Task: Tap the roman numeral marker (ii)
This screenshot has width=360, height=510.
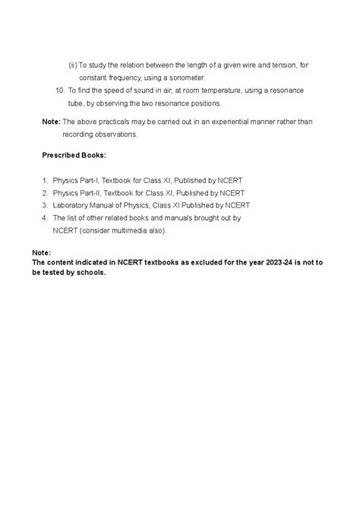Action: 73,65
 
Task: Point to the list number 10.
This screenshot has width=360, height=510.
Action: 61,90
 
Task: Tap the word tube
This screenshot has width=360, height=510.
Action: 86,103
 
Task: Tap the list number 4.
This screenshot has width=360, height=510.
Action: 45,217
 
